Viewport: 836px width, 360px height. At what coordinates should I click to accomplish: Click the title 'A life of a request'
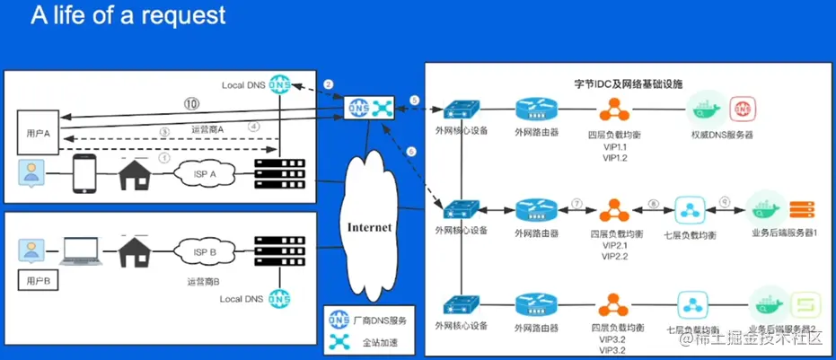[x=128, y=15]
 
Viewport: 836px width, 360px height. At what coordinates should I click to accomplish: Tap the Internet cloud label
[x=369, y=227]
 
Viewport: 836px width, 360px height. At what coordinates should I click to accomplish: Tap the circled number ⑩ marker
[x=190, y=102]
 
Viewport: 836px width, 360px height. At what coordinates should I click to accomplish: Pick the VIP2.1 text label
[x=614, y=244]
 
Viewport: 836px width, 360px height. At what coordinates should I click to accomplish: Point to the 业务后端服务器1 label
[x=782, y=233]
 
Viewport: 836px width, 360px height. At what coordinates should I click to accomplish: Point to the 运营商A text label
[x=207, y=129]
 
